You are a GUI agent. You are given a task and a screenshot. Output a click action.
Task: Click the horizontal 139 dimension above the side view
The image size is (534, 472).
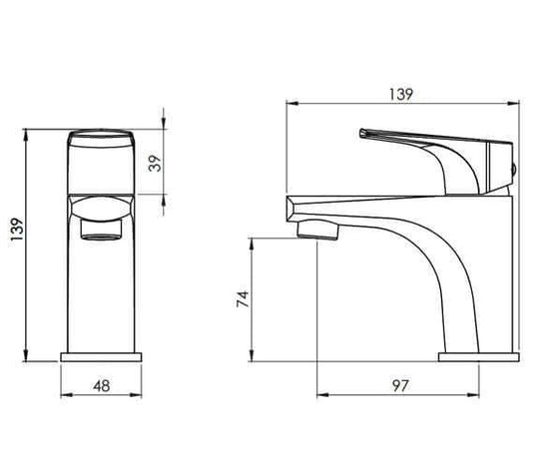400,95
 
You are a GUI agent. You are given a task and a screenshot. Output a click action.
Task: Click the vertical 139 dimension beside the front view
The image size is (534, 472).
17,229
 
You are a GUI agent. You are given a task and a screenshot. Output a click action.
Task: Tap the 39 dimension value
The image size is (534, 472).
155,164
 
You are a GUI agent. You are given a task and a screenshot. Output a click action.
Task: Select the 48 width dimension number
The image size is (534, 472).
102,386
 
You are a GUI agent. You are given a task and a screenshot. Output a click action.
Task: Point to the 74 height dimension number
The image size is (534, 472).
244,299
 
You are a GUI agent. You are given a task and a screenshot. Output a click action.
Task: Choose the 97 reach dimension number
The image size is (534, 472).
400,385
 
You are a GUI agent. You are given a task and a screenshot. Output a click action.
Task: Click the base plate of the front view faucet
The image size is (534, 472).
101,357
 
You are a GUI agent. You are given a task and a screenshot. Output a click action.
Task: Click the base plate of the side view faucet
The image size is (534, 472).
478,357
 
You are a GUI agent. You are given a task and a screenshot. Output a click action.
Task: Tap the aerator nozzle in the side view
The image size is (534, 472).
318,230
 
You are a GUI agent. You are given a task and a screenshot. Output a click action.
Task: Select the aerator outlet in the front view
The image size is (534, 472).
101,229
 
